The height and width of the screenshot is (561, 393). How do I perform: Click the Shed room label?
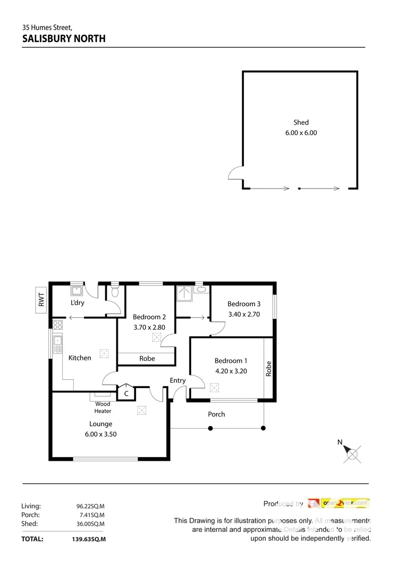(301, 123)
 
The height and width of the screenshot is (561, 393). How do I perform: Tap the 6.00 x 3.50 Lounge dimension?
(100, 434)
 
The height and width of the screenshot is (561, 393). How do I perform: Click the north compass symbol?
(353, 455)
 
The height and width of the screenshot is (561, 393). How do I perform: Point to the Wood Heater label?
(102, 407)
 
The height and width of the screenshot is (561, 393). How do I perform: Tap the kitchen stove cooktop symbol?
(58, 325)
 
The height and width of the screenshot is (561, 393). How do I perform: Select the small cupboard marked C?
(126, 394)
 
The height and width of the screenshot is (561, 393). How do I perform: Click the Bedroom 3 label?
(244, 304)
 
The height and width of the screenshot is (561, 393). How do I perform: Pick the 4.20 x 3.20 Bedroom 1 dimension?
(231, 371)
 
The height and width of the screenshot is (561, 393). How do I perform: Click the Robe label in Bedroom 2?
(146, 359)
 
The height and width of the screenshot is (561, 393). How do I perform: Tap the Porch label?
(216, 414)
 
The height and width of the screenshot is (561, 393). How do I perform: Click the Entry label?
(178, 381)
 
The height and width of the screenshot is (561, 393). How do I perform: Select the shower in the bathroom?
(184, 293)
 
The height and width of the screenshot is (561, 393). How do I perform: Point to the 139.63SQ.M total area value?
(88, 539)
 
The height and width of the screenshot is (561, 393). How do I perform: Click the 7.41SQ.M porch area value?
(90, 515)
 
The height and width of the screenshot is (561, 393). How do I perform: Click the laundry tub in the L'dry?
(77, 290)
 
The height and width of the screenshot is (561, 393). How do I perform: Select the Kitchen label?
(80, 358)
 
